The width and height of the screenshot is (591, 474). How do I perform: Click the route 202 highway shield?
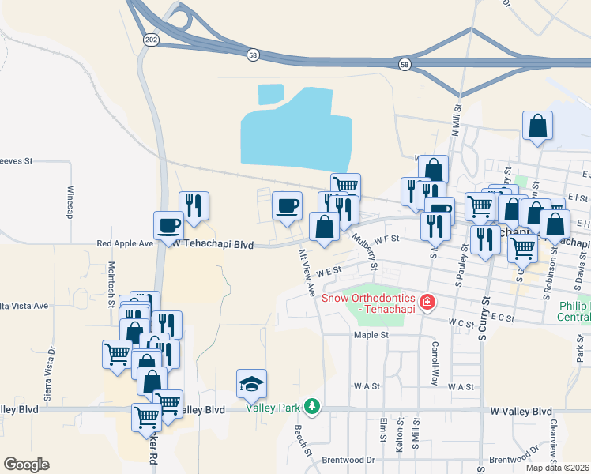[150, 38]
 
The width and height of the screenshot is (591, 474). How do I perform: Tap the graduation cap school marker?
[251, 384]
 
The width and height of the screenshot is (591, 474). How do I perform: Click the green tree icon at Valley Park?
[313, 406]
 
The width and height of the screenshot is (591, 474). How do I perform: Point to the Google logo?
[27, 465]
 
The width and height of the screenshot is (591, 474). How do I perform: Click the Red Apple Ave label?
[125, 244]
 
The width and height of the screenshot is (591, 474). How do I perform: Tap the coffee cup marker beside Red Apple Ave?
[168, 225]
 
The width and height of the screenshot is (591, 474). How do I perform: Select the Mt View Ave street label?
[307, 273]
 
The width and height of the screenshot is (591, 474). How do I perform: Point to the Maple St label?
[371, 335]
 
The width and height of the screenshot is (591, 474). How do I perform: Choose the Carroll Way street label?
[435, 363]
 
